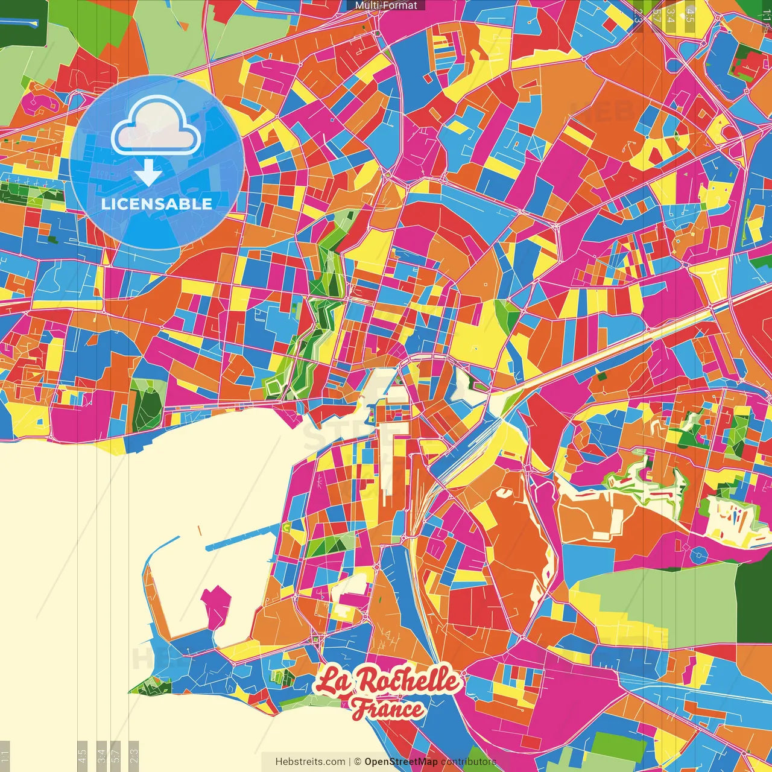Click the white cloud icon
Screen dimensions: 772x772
(156, 127)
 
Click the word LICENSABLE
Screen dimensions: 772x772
(157, 204)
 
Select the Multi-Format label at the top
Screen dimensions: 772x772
(386, 5)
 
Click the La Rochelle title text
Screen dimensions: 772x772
(387, 681)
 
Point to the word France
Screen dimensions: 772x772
(387, 709)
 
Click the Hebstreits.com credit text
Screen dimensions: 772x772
(311, 762)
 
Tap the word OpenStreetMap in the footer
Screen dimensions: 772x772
(401, 762)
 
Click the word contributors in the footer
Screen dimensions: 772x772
(468, 762)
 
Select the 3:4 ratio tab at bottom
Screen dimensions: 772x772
(101, 756)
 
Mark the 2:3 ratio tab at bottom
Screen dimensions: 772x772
(134, 756)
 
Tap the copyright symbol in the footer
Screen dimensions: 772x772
(357, 762)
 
